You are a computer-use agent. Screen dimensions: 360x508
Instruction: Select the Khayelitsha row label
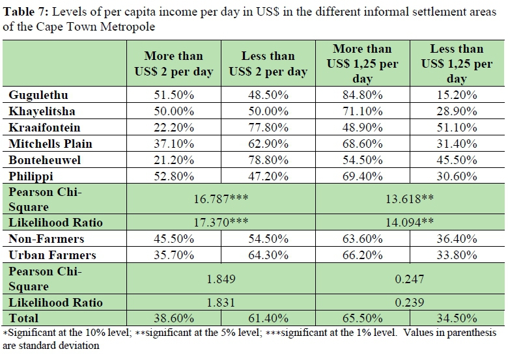pyautogui.click(x=42, y=111)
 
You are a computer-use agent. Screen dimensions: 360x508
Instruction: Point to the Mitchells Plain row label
pyautogui.click(x=50, y=143)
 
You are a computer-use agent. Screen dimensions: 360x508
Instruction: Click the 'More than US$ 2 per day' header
pyautogui.click(x=174, y=64)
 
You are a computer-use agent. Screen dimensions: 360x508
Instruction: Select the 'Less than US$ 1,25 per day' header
pyautogui.click(x=457, y=64)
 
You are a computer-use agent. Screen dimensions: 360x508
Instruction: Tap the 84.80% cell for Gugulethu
pyautogui.click(x=361, y=95)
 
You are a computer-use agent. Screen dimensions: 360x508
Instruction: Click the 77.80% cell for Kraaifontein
pyautogui.click(x=268, y=127)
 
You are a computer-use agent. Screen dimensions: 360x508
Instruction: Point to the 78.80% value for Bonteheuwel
pyautogui.click(x=268, y=159)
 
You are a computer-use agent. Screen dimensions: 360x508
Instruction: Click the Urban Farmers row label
pyautogui.click(x=52, y=255)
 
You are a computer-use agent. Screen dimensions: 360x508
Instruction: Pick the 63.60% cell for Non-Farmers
pyautogui.click(x=361, y=239)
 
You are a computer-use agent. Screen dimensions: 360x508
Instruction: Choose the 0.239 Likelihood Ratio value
pyautogui.click(x=409, y=302)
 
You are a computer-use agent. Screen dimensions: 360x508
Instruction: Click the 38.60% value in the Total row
pyautogui.click(x=174, y=318)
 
